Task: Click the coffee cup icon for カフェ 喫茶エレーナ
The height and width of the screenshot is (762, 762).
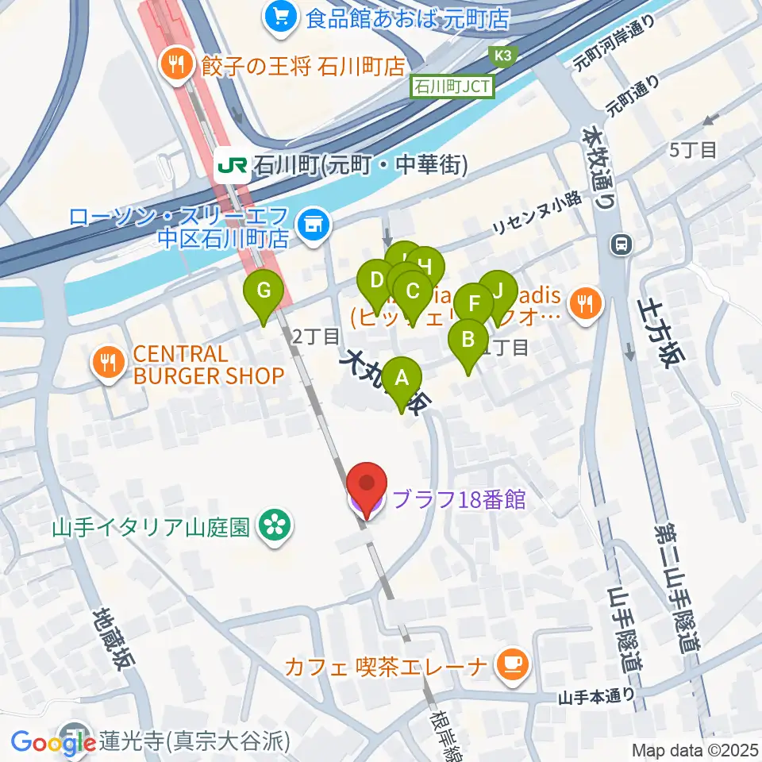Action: coord(512,664)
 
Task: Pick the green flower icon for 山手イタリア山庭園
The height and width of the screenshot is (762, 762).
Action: coord(276,525)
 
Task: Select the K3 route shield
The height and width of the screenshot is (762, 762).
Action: coord(501,55)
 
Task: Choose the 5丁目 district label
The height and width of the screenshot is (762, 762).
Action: coord(693,148)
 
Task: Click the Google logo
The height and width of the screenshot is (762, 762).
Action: coord(49,742)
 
